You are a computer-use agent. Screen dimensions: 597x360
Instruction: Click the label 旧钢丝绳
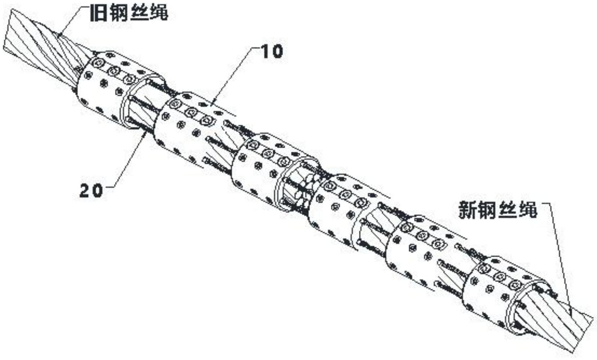129,13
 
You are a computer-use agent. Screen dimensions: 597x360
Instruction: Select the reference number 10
272,51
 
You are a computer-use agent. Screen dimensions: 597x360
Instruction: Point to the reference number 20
91,190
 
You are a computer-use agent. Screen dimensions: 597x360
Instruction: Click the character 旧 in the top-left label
98,13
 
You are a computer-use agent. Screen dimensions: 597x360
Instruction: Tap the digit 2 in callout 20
85,190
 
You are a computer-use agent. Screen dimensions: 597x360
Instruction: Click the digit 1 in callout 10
266,51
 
